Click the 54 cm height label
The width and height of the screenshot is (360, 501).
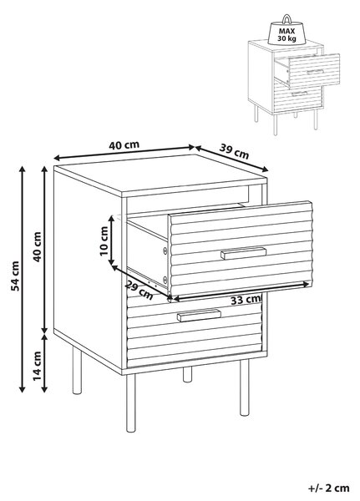tap(15, 276)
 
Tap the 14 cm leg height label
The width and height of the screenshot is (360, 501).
tap(38, 365)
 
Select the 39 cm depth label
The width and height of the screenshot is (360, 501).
tap(234, 151)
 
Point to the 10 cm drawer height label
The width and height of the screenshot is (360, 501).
tap(104, 241)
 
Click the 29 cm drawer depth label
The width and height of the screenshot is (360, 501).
tap(139, 290)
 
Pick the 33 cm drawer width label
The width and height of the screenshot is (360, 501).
tap(246, 300)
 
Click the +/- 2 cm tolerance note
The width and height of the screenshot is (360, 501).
tap(329, 488)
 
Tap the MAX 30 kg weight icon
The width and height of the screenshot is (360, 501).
tap(286, 30)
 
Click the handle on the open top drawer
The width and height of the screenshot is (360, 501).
tap(243, 253)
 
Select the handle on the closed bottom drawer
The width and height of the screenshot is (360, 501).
tap(199, 315)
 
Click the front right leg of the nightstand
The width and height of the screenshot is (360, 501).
tap(245, 387)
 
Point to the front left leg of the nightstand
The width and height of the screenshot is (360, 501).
tap(130, 402)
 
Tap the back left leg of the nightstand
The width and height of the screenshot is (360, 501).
tap(77, 370)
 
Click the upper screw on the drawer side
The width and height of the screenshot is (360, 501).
tap(165, 250)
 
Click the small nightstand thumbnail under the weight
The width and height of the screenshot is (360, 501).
tap(294, 87)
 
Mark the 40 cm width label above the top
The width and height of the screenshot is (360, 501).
tap(124, 145)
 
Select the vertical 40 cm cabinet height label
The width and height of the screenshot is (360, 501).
tap(38, 246)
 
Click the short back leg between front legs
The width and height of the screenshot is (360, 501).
tap(188, 374)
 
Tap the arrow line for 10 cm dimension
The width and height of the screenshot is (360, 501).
tap(111, 240)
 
